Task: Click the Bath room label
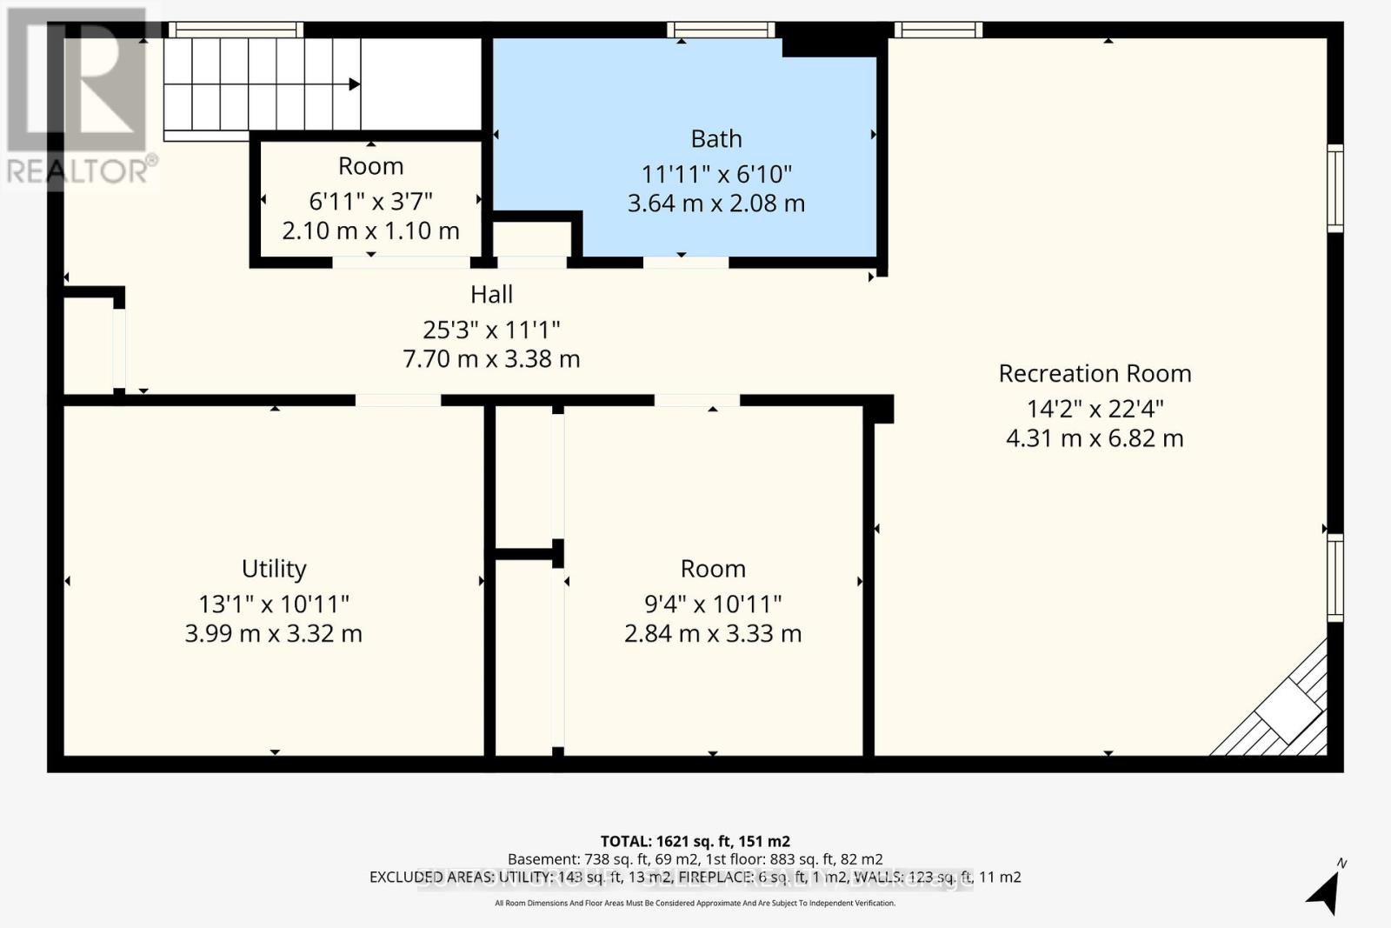point(716,139)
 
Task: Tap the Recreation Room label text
point(1095,374)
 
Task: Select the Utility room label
point(274,569)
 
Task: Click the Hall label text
point(491,295)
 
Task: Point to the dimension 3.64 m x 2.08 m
point(716,204)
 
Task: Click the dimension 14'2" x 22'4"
point(1095,409)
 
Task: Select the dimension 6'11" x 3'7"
point(370,202)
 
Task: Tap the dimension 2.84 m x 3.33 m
point(713,633)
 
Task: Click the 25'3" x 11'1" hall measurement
point(491,330)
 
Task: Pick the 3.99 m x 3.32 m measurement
point(274,633)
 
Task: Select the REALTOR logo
point(78,96)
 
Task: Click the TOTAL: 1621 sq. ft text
point(695,841)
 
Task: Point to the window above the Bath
point(721,30)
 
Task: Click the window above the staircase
point(235,30)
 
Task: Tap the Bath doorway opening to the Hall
point(686,262)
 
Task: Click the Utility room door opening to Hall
point(398,401)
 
